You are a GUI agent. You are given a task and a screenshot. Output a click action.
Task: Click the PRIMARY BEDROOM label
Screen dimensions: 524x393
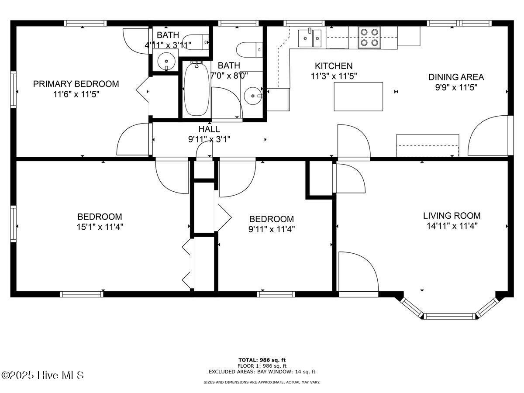[76, 84]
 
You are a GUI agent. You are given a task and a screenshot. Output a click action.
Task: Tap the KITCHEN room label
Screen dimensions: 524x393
[334, 66]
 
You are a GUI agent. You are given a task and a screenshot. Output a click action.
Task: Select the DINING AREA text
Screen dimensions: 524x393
[456, 77]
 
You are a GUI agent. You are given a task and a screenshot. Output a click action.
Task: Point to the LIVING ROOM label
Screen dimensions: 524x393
[452, 216]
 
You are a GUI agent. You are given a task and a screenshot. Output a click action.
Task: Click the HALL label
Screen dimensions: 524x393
[209, 129]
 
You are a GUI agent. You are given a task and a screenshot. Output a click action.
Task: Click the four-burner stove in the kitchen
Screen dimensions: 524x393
[369, 38]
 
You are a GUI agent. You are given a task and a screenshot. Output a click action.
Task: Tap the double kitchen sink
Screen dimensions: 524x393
[310, 38]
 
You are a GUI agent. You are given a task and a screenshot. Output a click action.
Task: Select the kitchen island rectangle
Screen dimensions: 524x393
[359, 97]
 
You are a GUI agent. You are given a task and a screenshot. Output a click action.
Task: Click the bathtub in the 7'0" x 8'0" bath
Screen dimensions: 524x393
[196, 89]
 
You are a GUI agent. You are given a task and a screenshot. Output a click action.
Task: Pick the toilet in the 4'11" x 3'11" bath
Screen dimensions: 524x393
[196, 42]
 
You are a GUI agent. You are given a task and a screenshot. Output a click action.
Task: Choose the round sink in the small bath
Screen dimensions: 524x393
[166, 61]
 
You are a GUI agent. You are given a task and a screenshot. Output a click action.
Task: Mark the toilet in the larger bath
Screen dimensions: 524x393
[249, 50]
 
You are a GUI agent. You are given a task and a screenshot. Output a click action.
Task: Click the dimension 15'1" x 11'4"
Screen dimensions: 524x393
[100, 227]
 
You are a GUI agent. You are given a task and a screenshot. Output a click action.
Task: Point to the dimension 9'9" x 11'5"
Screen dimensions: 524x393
[456, 88]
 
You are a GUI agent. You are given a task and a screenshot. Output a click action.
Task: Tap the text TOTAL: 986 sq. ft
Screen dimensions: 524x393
[262, 360]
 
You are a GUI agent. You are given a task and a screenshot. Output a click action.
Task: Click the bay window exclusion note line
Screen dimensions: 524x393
[262, 372]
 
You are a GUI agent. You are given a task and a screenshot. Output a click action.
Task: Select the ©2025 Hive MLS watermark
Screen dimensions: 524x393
[42, 376]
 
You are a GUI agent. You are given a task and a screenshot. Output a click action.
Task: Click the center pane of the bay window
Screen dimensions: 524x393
[449, 317]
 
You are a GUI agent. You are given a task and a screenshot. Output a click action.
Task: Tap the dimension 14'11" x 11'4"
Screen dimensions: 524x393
[452, 226]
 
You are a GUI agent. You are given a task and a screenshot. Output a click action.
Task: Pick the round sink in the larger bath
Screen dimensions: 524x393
[253, 96]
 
